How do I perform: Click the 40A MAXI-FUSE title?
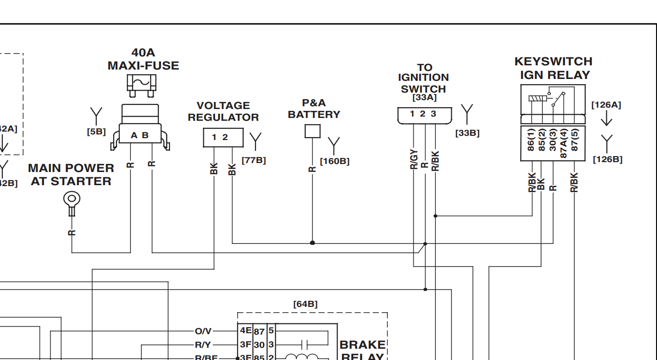point(143,59)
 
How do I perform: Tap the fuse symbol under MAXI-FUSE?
point(141,84)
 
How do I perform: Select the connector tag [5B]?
point(96,132)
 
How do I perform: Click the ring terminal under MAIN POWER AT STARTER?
point(71,200)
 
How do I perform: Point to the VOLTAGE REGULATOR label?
point(223,111)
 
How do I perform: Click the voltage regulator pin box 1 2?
point(223,138)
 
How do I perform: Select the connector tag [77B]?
point(254,160)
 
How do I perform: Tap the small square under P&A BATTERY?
point(312,131)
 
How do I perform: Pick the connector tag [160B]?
point(334,161)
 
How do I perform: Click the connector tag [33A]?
point(424,98)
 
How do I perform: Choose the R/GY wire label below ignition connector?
point(414,160)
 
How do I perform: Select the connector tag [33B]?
point(467,133)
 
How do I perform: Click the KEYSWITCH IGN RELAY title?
point(553,68)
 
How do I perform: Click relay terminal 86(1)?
point(531,140)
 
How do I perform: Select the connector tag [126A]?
point(606,105)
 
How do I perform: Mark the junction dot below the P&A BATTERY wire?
point(312,243)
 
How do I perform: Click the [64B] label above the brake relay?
point(305,304)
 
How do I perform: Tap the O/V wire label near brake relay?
point(203,332)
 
